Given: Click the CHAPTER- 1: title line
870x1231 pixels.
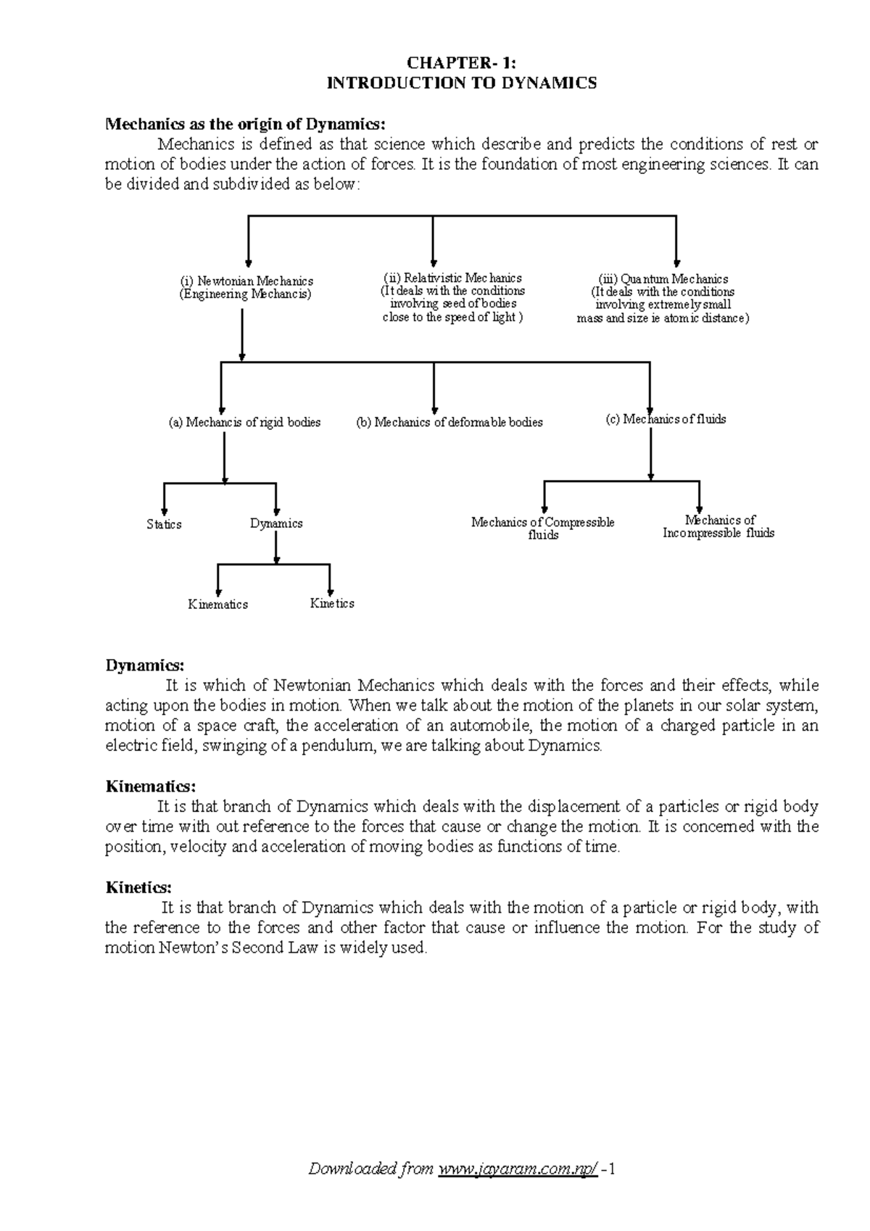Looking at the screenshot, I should pyautogui.click(x=462, y=63).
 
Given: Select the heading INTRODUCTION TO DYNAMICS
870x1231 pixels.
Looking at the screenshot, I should pyautogui.click(x=462, y=83).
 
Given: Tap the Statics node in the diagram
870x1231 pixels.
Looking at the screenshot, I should pyautogui.click(x=164, y=524).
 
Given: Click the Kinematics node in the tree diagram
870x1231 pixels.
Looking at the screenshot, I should pyautogui.click(x=217, y=605).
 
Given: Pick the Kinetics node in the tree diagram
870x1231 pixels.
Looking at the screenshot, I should pyautogui.click(x=332, y=603).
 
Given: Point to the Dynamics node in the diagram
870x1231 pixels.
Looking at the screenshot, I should pyautogui.click(x=276, y=523).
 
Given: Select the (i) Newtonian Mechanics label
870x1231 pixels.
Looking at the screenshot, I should pyautogui.click(x=246, y=281).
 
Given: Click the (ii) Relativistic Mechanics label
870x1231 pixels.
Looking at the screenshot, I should pyautogui.click(x=452, y=278).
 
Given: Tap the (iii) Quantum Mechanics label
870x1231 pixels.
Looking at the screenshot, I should pyautogui.click(x=663, y=279).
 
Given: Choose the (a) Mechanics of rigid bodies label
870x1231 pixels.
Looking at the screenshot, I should pyautogui.click(x=244, y=422).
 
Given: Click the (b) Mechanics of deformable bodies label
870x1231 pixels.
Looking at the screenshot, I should pyautogui.click(x=449, y=422).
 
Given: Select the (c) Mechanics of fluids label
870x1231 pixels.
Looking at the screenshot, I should pyautogui.click(x=666, y=419).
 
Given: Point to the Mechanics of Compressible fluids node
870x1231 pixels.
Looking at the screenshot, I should pyautogui.click(x=543, y=529).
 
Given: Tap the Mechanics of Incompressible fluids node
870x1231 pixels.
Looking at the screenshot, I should pyautogui.click(x=718, y=526).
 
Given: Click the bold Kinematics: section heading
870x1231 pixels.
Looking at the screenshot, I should pyautogui.click(x=151, y=787).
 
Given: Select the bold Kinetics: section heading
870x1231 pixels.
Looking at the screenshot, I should pyautogui.click(x=139, y=887).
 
